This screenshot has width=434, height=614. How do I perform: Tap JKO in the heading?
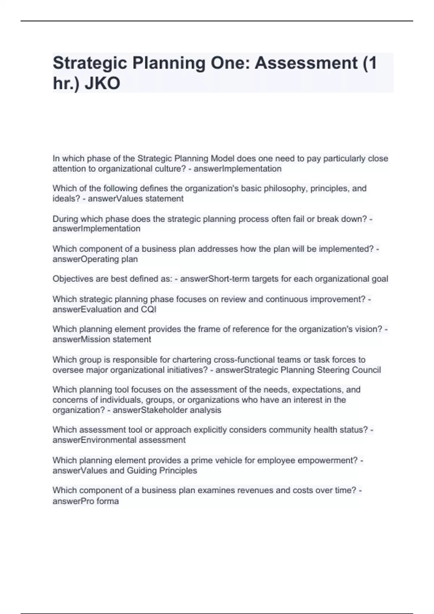click(x=102, y=84)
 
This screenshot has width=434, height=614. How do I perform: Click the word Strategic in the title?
click(x=90, y=63)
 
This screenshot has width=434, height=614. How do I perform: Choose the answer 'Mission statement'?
click(x=116, y=340)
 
